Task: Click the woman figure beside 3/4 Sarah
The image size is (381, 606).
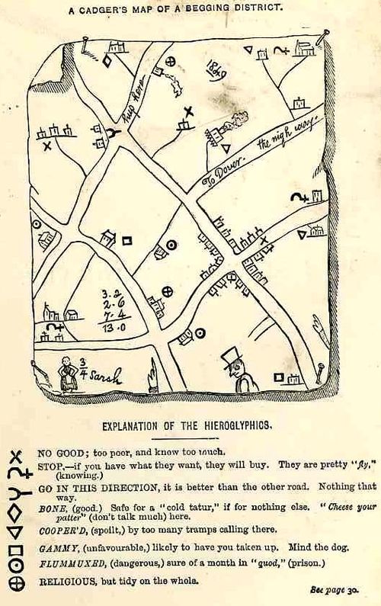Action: [68, 372]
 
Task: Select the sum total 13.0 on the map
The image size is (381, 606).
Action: [110, 329]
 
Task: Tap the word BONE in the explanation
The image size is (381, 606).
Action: [52, 505]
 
